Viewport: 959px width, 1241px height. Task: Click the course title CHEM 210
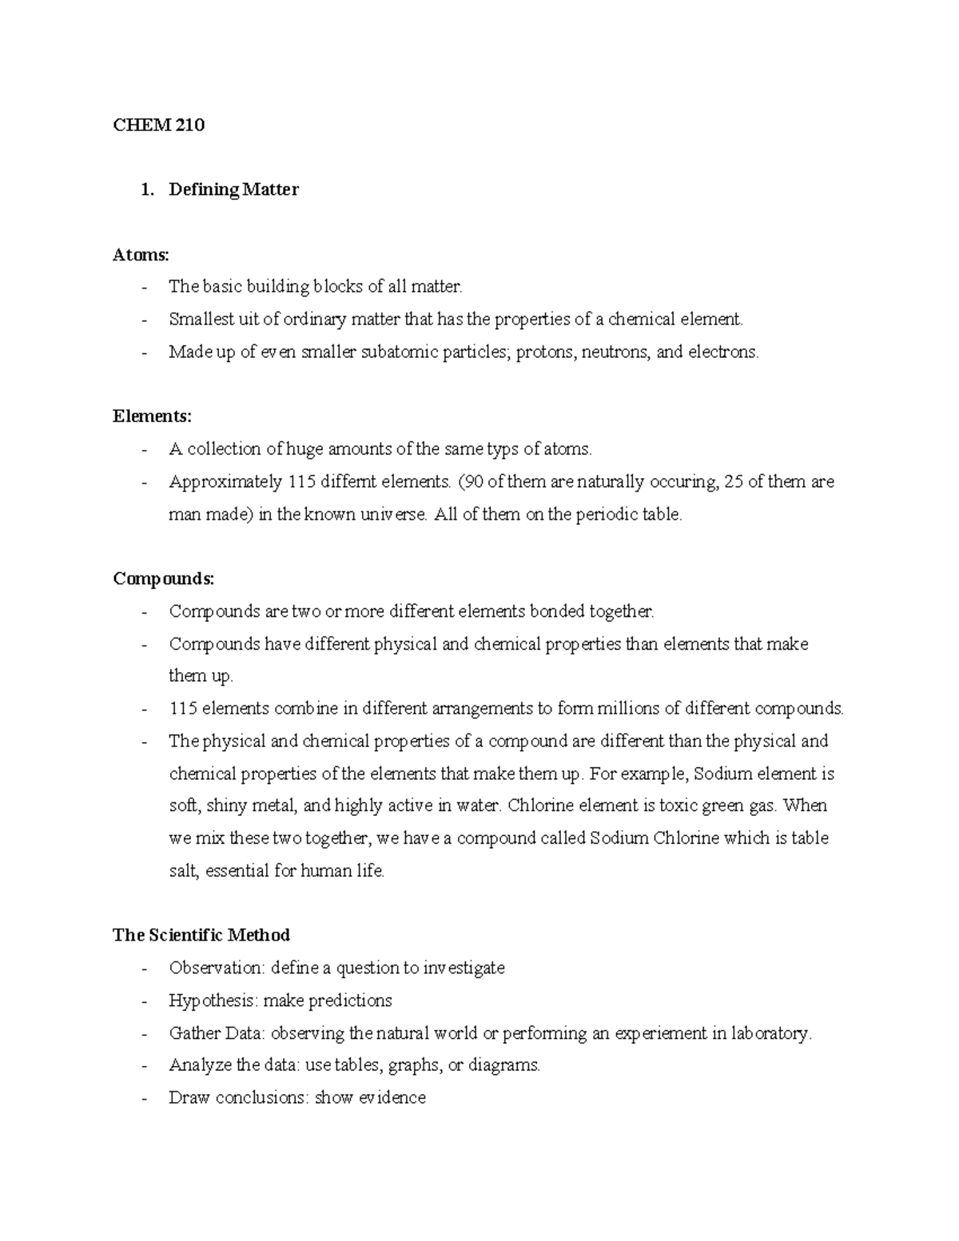(158, 125)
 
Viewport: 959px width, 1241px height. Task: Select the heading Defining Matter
(233, 189)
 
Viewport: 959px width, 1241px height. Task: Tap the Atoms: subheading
(141, 255)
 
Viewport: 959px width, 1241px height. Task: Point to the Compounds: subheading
(164, 579)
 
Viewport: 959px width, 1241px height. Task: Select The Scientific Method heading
(201, 935)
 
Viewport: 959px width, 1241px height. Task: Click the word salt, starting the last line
(183, 871)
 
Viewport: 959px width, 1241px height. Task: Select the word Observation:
(216, 969)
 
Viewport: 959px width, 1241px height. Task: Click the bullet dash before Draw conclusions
(144, 1099)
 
